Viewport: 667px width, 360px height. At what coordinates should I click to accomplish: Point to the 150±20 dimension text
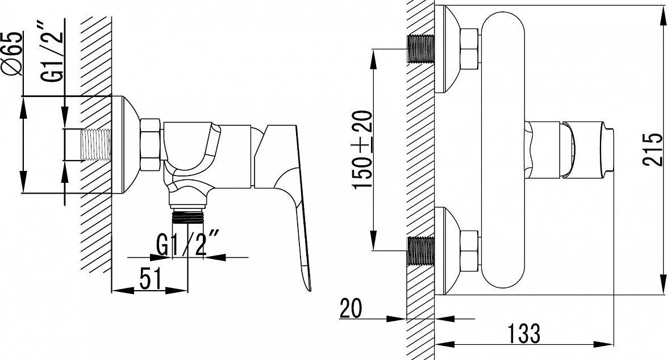click(x=362, y=149)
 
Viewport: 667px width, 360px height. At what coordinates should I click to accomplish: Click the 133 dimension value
click(x=524, y=333)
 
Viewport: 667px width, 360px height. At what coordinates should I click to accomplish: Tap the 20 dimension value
click(x=351, y=308)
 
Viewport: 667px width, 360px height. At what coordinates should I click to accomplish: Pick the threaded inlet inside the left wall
click(x=95, y=144)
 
